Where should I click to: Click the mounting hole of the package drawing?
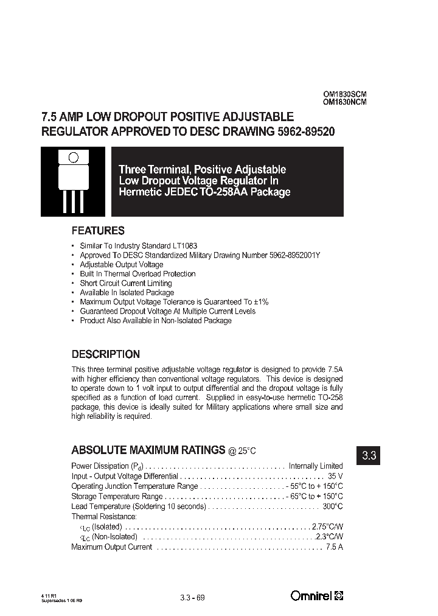(x=73, y=157)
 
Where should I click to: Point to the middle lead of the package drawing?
(x=73, y=201)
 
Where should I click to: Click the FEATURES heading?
(x=98, y=231)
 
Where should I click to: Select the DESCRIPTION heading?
(x=106, y=354)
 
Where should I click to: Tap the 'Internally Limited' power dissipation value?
(x=316, y=466)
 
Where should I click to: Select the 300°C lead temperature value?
(x=333, y=506)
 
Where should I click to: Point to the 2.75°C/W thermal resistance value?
(x=327, y=527)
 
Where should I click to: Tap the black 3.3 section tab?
(x=369, y=455)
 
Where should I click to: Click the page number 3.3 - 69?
(x=193, y=597)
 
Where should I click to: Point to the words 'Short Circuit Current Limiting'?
(x=126, y=283)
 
